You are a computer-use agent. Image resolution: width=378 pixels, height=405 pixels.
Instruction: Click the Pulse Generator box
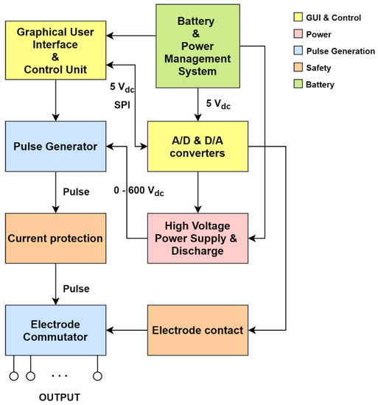click(x=56, y=146)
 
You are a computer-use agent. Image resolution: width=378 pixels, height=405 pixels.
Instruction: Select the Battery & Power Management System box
click(x=197, y=46)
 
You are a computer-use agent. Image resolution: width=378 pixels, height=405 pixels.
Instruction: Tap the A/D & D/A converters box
click(x=197, y=146)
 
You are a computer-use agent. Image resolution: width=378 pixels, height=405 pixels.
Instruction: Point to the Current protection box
click(x=56, y=239)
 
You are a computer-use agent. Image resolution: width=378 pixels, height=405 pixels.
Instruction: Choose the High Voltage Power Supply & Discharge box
click(x=197, y=239)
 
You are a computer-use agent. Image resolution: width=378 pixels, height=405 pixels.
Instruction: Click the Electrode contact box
click(x=197, y=330)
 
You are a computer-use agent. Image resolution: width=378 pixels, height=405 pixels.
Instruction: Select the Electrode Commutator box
click(x=56, y=330)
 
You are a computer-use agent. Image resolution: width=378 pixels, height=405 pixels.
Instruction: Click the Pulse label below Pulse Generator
click(x=75, y=192)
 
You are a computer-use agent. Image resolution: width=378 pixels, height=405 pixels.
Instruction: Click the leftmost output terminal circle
click(x=13, y=376)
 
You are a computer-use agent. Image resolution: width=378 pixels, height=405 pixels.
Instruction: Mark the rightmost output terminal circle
click(x=97, y=376)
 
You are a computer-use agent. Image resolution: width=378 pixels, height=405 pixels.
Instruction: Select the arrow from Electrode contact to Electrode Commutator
click(x=128, y=330)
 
